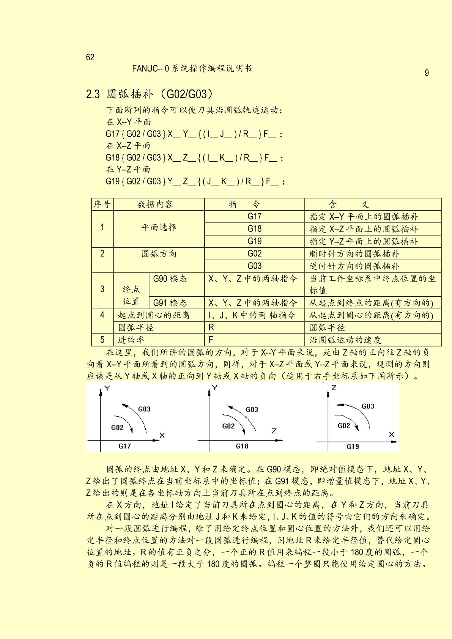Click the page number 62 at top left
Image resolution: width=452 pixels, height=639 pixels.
point(90,57)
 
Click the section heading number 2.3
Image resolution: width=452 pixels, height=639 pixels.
point(93,94)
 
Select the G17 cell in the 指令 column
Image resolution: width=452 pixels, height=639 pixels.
point(254,216)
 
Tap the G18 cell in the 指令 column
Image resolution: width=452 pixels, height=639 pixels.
point(254,229)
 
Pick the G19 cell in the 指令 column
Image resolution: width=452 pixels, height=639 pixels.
point(254,241)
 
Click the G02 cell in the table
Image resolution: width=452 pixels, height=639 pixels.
point(254,253)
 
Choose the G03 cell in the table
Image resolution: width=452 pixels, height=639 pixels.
point(254,266)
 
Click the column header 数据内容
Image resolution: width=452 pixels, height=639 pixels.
point(155,205)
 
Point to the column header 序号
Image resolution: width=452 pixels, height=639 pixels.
point(102,205)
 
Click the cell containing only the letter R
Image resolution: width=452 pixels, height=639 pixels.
point(211,327)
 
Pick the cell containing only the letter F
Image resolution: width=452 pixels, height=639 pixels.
point(211,340)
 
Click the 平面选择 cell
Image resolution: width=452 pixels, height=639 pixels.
point(159,228)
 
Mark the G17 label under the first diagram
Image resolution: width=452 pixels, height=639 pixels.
point(124,446)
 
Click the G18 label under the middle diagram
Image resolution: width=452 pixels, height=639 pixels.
point(242,446)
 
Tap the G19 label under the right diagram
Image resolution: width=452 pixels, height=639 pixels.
point(353,446)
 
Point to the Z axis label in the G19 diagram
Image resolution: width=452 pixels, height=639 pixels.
point(334,388)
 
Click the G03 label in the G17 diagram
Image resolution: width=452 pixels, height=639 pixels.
point(144,409)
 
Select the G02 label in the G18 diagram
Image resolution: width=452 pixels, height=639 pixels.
point(228,426)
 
